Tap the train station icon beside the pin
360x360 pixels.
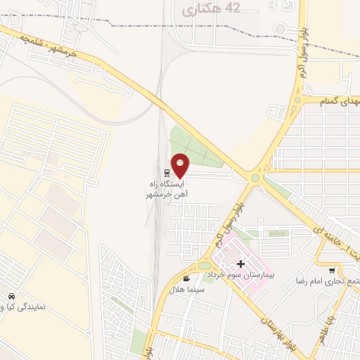(x=167, y=172)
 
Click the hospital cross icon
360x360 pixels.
(x=241, y=264)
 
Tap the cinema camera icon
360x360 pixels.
(x=185, y=278)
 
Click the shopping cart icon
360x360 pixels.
(x=332, y=270)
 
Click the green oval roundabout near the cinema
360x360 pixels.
(x=204, y=266)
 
